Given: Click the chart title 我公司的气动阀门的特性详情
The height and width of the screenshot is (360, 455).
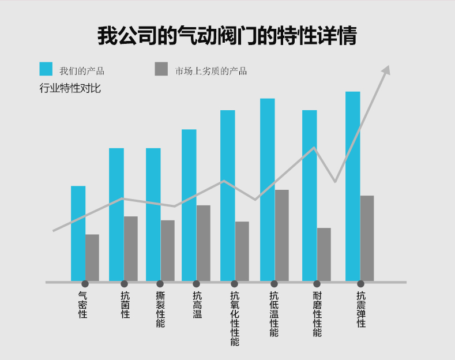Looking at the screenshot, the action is pos(227,35).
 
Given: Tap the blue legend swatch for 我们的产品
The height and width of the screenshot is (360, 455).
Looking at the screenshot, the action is pos(46,69).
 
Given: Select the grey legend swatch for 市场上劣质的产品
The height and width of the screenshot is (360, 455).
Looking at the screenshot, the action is pos(161,69).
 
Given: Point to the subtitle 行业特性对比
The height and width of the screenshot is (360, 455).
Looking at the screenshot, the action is pos(70,88).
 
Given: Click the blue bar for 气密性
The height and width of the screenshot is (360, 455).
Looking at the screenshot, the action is pos(78,234).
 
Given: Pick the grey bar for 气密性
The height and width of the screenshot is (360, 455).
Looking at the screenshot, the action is pos(92,258).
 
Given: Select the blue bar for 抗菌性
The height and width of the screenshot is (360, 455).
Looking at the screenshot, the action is pos(116,215).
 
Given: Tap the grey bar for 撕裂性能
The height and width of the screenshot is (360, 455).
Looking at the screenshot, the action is pos(168,250).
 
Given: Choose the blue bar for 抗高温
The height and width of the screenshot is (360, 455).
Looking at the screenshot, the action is pos(189,205).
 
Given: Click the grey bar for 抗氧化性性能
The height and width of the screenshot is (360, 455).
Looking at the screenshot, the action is pos(242,252).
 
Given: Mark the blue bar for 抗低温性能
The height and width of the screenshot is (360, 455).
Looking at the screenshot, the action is pos(268,190).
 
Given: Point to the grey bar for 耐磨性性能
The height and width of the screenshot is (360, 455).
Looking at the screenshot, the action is pos(324,254).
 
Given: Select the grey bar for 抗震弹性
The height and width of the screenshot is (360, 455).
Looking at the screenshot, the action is pos(367,238).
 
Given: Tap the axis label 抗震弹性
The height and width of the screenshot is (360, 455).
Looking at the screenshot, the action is pos(361,309).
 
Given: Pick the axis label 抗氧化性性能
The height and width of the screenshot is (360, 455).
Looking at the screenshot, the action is pos(235,318).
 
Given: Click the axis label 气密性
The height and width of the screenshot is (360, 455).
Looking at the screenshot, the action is pos(82,305).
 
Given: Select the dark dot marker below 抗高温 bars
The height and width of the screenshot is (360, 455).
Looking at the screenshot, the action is pos(197,284).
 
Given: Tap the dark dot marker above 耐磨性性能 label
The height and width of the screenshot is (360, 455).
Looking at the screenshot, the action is pos(317,284).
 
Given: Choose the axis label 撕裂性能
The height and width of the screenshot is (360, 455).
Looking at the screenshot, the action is pos(160,309).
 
